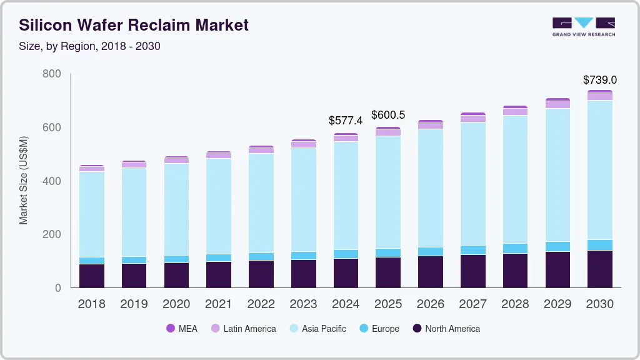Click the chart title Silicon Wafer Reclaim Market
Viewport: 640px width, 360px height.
[134, 25]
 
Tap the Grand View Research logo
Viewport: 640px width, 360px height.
[583, 26]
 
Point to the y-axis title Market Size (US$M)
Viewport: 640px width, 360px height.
[23, 180]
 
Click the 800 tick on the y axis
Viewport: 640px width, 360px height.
[52, 74]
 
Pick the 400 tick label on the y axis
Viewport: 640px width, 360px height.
[52, 181]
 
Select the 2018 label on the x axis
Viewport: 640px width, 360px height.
[92, 304]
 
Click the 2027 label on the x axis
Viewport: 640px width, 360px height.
[473, 304]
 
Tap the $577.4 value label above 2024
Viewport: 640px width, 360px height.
[346, 120]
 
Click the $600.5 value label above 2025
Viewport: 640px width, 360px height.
[388, 115]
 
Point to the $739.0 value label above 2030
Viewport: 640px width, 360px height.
[600, 80]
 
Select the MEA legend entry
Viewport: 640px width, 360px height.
[182, 329]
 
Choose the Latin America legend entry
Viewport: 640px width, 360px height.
[243, 329]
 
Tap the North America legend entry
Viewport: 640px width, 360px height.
[446, 329]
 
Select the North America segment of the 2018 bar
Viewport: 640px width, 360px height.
[92, 276]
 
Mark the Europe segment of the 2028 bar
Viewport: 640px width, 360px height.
[516, 248]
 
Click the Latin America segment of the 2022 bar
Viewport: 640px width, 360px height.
[261, 151]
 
